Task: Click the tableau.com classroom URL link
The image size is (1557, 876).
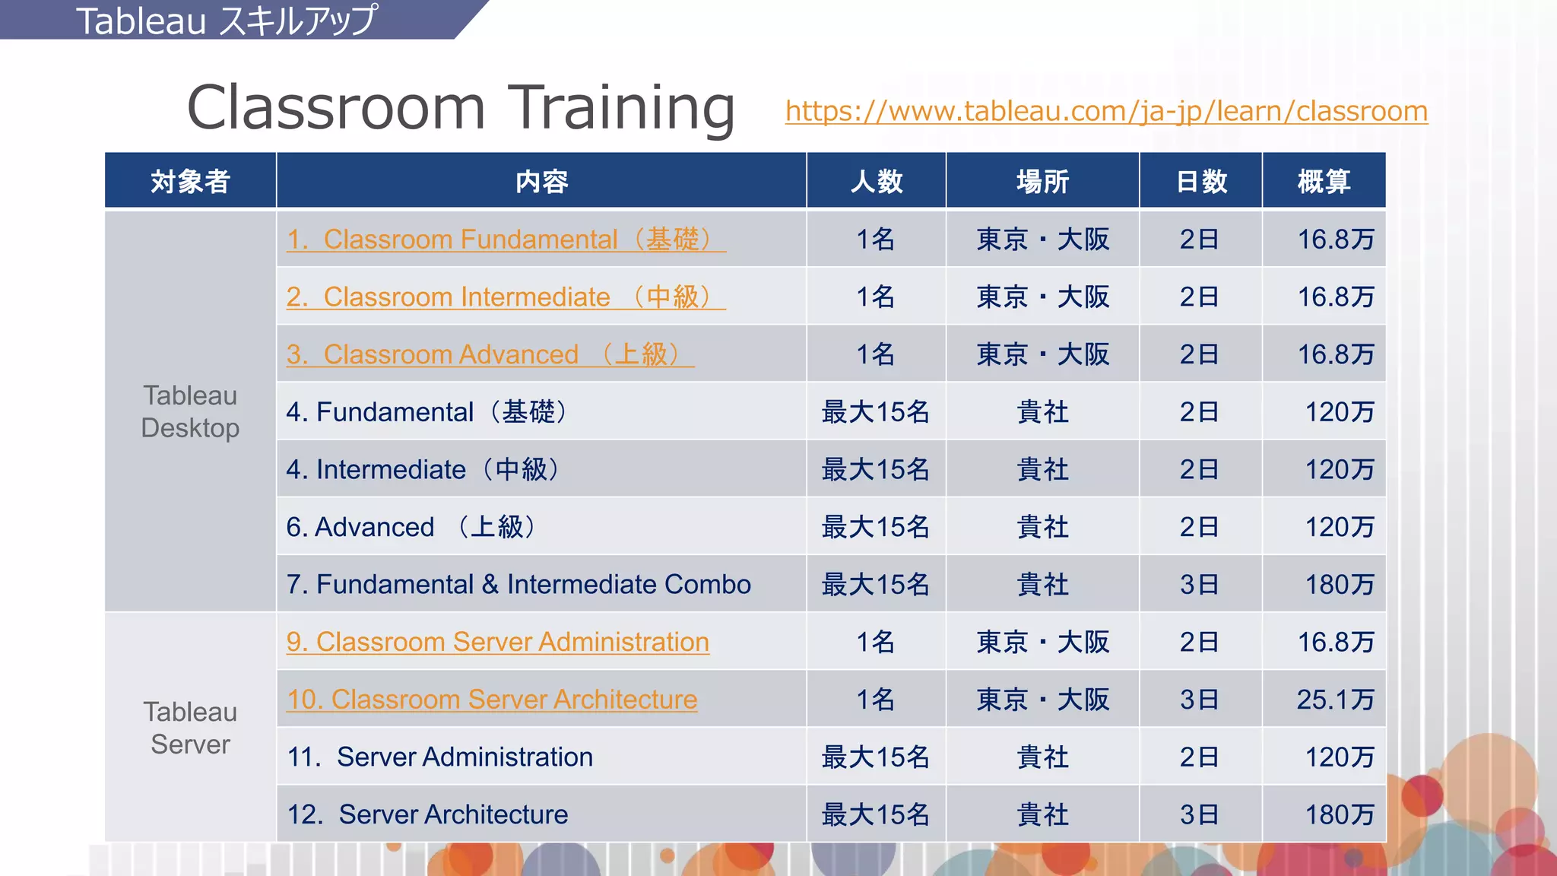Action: pyautogui.click(x=1106, y=111)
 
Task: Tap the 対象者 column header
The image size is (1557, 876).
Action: pyautogui.click(x=190, y=181)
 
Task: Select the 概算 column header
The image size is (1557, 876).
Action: pyautogui.click(x=1324, y=181)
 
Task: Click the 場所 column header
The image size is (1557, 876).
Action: pyautogui.click(x=1042, y=181)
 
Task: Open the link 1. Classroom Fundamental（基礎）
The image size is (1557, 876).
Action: pyautogui.click(x=506, y=240)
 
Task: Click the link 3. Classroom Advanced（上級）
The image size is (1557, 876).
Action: pyautogui.click(x=490, y=354)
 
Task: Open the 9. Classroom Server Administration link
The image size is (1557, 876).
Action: pyautogui.click(x=497, y=642)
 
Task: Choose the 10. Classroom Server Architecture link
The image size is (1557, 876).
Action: pyautogui.click(x=491, y=700)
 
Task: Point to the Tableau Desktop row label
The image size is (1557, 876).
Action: pyautogui.click(x=190, y=411)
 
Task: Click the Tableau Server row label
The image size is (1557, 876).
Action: pyautogui.click(x=190, y=728)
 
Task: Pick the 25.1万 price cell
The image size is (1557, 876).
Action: pyautogui.click(x=1335, y=700)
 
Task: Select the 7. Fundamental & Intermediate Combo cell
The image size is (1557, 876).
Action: pyautogui.click(x=518, y=584)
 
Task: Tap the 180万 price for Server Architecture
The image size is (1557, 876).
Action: pyautogui.click(x=1340, y=814)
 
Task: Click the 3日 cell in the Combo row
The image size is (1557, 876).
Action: pyautogui.click(x=1200, y=584)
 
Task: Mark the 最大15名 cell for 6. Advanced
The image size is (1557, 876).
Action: pyautogui.click(x=876, y=527)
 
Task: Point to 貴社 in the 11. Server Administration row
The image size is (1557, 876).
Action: pyautogui.click(x=1042, y=757)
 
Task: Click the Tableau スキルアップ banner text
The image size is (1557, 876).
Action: pyautogui.click(x=227, y=21)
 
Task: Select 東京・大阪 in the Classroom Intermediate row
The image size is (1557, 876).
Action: pyautogui.click(x=1042, y=297)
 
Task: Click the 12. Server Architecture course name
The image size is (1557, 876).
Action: pyautogui.click(x=427, y=814)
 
